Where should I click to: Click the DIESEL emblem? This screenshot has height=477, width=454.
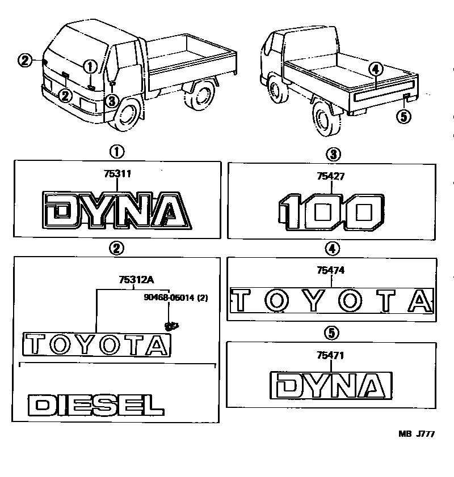[x=95, y=404]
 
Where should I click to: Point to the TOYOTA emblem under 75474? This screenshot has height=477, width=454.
[x=332, y=300]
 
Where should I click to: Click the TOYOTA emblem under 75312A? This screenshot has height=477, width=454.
[x=96, y=344]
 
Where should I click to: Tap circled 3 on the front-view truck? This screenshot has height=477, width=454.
[x=112, y=101]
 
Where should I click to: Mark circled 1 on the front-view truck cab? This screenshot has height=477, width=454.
[x=90, y=66]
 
